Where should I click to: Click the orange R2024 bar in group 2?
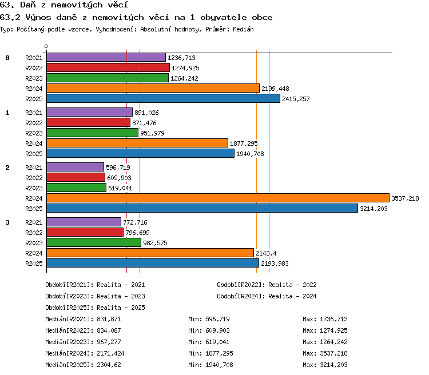click(x=218, y=198)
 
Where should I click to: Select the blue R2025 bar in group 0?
click(x=164, y=98)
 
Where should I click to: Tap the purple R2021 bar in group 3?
click(x=84, y=222)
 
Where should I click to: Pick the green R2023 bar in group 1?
click(x=93, y=133)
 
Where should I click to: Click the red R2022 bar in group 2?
click(x=76, y=177)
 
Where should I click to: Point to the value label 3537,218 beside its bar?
click(x=405, y=198)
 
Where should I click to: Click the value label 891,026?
click(x=146, y=113)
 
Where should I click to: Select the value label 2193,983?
click(x=275, y=264)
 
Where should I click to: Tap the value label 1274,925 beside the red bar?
click(x=185, y=68)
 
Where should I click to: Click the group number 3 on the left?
click(x=7, y=222)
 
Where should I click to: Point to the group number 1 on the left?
click(x=7, y=113)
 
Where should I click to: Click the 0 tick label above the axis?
click(x=46, y=46)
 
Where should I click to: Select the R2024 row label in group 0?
click(x=34, y=89)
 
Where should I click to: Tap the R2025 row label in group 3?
click(x=34, y=264)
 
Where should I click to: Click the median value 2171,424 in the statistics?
click(x=110, y=353)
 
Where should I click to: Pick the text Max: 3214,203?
click(x=325, y=365)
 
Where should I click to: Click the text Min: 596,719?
click(x=209, y=319)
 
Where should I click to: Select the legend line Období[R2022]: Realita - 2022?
click(x=267, y=285)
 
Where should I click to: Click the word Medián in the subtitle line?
click(x=243, y=29)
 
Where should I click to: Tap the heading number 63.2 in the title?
click(x=10, y=18)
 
